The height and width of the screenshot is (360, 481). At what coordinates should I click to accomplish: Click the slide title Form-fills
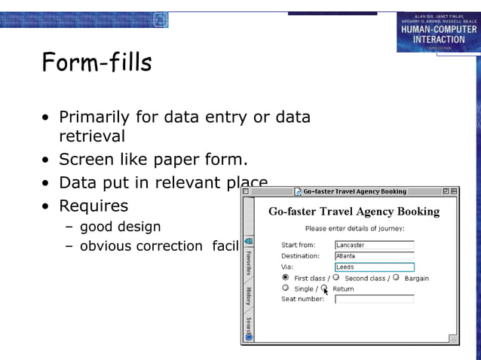tap(97, 63)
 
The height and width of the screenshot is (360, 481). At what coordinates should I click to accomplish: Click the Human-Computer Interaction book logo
tap(438, 31)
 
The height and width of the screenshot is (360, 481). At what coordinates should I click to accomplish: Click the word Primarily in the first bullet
tap(96, 117)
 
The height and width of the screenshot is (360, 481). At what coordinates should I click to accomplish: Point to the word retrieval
tap(92, 136)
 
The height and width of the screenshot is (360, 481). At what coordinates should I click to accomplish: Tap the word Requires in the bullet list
tap(93, 206)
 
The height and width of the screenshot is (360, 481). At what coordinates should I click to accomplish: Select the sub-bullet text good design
tap(121, 226)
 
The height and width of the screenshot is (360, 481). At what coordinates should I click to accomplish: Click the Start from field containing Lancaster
tap(374, 245)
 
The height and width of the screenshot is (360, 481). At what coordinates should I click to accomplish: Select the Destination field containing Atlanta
tap(374, 256)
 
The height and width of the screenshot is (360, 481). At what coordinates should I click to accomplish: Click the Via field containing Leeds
tap(374, 267)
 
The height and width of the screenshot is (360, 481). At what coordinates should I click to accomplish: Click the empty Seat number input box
tap(374, 299)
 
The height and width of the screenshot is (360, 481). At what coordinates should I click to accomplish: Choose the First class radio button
tap(286, 277)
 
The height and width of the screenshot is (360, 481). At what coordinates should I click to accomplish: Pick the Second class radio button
tap(336, 277)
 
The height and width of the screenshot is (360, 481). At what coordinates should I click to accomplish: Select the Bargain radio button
tap(396, 277)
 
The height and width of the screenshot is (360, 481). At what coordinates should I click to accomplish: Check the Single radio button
tap(286, 288)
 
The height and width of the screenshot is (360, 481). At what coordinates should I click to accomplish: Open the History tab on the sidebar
tap(248, 295)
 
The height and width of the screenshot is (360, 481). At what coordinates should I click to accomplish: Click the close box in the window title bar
tap(246, 191)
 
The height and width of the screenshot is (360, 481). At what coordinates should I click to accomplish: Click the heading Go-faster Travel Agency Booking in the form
tap(354, 212)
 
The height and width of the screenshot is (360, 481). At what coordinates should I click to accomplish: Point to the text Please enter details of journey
tap(354, 228)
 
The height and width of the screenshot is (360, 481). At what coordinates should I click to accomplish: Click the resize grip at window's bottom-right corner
tap(453, 340)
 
